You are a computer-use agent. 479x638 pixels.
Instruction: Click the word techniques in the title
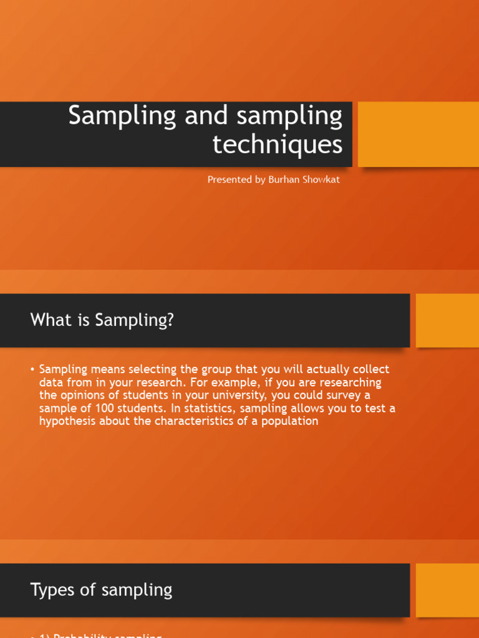pos(277,145)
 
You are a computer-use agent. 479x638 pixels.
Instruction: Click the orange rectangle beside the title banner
pos(418,135)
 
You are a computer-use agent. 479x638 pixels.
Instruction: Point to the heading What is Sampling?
pos(102,320)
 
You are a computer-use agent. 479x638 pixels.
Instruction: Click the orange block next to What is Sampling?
pos(447,320)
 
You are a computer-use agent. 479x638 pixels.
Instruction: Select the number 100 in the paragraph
pos(107,408)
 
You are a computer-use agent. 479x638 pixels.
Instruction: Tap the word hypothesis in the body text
pos(67,421)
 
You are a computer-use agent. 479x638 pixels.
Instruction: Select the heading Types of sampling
pos(101,589)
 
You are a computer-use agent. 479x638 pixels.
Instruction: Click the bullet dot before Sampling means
pos(32,369)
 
